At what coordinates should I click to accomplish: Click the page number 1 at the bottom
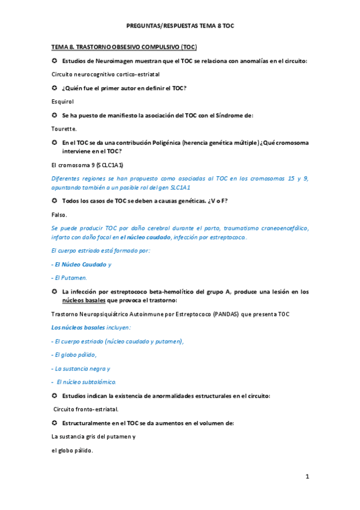[307, 477]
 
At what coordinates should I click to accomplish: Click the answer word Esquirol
[63, 102]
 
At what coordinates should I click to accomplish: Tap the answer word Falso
[59, 214]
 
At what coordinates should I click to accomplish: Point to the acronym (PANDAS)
[225, 313]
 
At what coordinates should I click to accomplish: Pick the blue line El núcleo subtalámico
[84, 382]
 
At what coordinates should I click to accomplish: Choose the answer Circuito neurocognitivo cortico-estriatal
[106, 74]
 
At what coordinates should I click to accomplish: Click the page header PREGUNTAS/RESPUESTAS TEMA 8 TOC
[180, 26]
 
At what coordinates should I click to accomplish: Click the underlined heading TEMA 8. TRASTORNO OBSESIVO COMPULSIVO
[124, 48]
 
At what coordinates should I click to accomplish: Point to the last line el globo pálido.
[72, 450]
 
